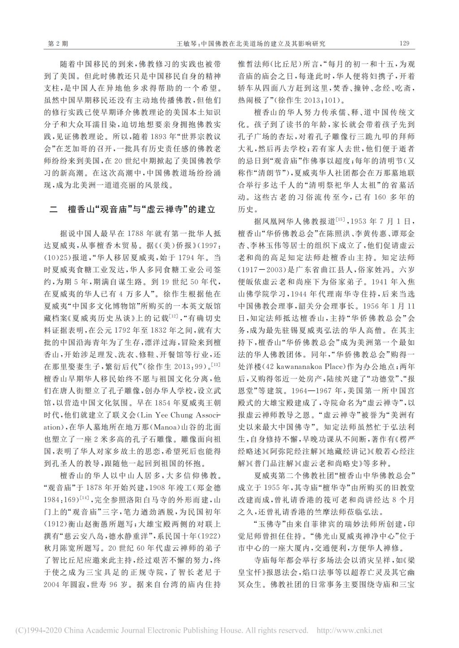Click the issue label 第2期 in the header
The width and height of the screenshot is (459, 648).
pyautogui.click(x=58, y=43)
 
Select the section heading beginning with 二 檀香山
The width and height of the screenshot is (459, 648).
pyautogui.click(x=133, y=210)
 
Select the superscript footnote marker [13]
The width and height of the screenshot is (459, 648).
pyautogui.click(x=216, y=363)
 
